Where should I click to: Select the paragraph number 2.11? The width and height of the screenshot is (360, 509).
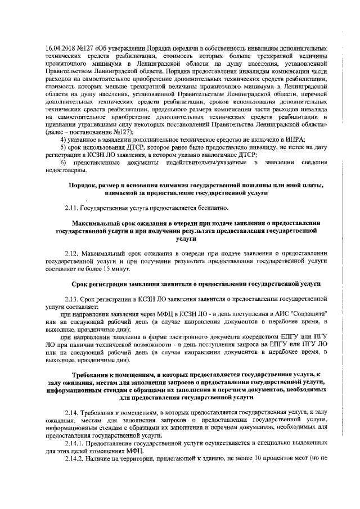71,208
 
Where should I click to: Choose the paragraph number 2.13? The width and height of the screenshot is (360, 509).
71,299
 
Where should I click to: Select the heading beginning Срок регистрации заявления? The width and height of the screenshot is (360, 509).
196,283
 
